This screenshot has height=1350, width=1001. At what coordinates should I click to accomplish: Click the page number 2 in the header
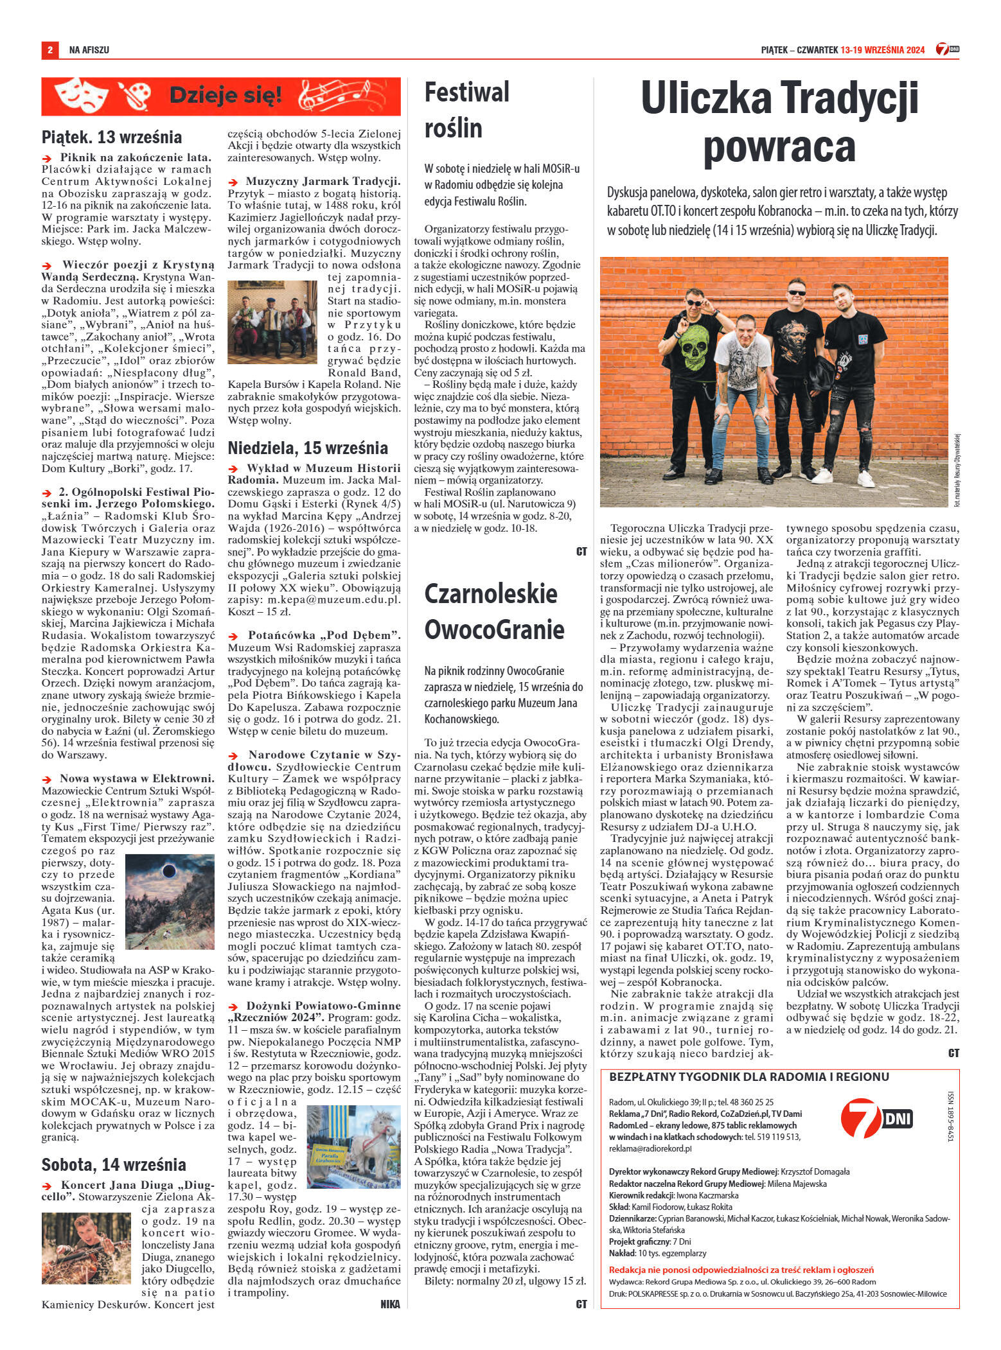coord(49,49)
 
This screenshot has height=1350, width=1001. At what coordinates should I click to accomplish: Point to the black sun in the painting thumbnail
coord(169,872)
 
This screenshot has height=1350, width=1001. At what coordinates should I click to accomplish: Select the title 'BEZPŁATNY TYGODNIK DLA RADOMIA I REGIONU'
coord(749,1076)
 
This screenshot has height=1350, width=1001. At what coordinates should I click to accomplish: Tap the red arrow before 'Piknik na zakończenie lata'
coord(46,157)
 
